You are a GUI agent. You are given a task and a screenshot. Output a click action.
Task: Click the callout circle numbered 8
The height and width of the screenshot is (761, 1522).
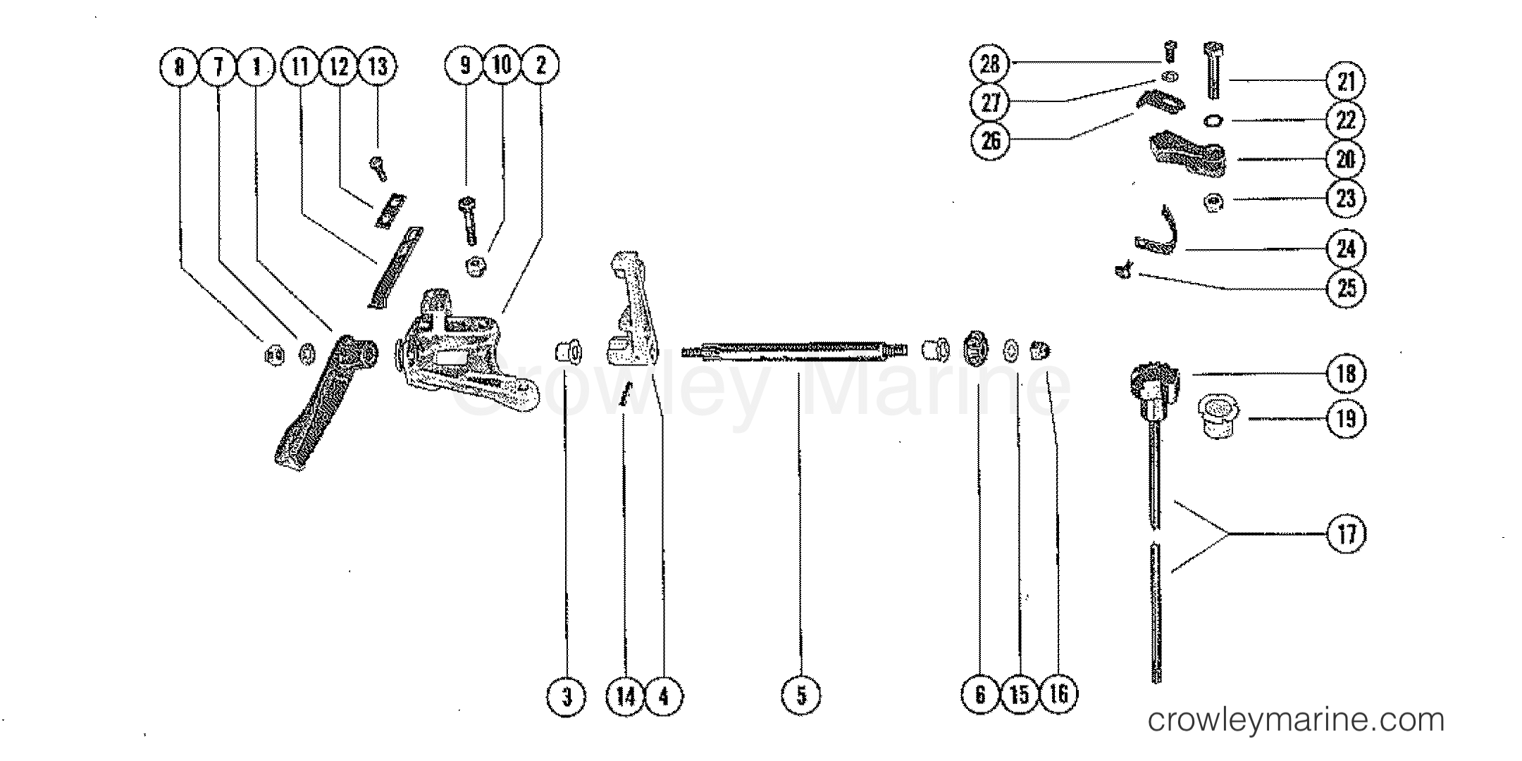180,66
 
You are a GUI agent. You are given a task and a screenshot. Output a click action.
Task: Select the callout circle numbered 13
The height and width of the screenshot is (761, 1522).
378,66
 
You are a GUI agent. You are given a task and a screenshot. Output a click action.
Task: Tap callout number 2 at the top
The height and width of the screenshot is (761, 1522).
540,65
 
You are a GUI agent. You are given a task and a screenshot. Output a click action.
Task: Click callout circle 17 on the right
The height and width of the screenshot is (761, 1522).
1345,534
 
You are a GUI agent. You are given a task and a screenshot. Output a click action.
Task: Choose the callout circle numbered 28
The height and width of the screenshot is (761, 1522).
990,64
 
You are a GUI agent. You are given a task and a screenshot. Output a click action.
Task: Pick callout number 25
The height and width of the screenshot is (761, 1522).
1345,287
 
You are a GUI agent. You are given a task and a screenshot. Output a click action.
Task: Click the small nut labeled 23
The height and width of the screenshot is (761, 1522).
1213,202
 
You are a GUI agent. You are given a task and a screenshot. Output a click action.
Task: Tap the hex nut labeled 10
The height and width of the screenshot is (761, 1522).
474,267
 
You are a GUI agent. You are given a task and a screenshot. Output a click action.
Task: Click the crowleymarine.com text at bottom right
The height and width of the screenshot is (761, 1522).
1296,719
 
